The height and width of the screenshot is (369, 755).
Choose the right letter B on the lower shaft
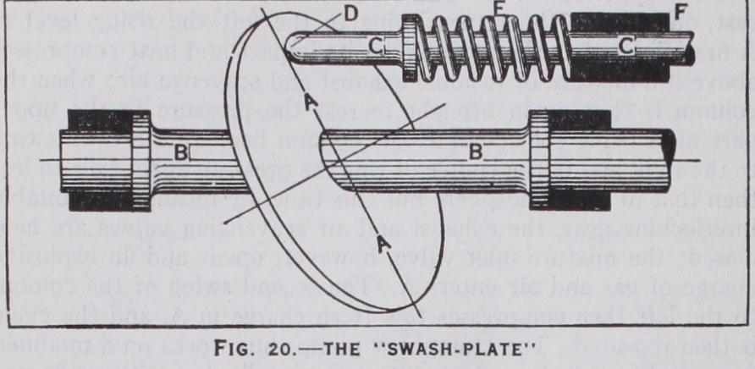pos(477,153)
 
